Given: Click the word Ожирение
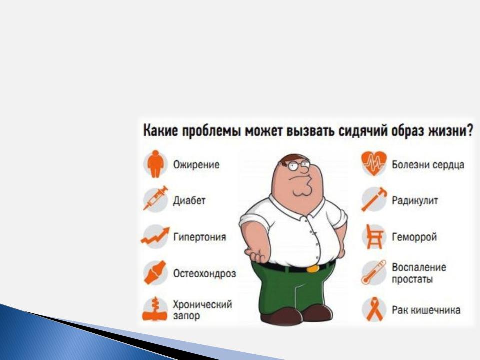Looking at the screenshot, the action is click(196, 164).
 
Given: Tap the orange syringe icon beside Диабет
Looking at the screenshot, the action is click(156, 198).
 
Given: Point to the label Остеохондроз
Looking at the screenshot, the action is click(204, 273).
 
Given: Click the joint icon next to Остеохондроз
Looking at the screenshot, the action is click(155, 273).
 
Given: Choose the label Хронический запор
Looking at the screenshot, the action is click(202, 310).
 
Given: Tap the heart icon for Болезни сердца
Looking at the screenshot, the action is click(374, 164).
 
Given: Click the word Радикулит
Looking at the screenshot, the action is click(415, 201).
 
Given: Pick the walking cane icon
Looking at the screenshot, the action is click(374, 199).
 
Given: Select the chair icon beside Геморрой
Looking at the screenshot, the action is click(374, 236).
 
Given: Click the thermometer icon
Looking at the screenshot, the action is click(374, 272).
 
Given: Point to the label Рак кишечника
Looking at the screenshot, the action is click(426, 310).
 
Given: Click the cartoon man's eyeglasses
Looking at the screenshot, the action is click(299, 166).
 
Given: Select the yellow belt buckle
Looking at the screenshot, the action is click(313, 269).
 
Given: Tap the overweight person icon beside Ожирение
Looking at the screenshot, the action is click(156, 164).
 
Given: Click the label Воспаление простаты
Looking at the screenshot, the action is click(419, 273).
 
